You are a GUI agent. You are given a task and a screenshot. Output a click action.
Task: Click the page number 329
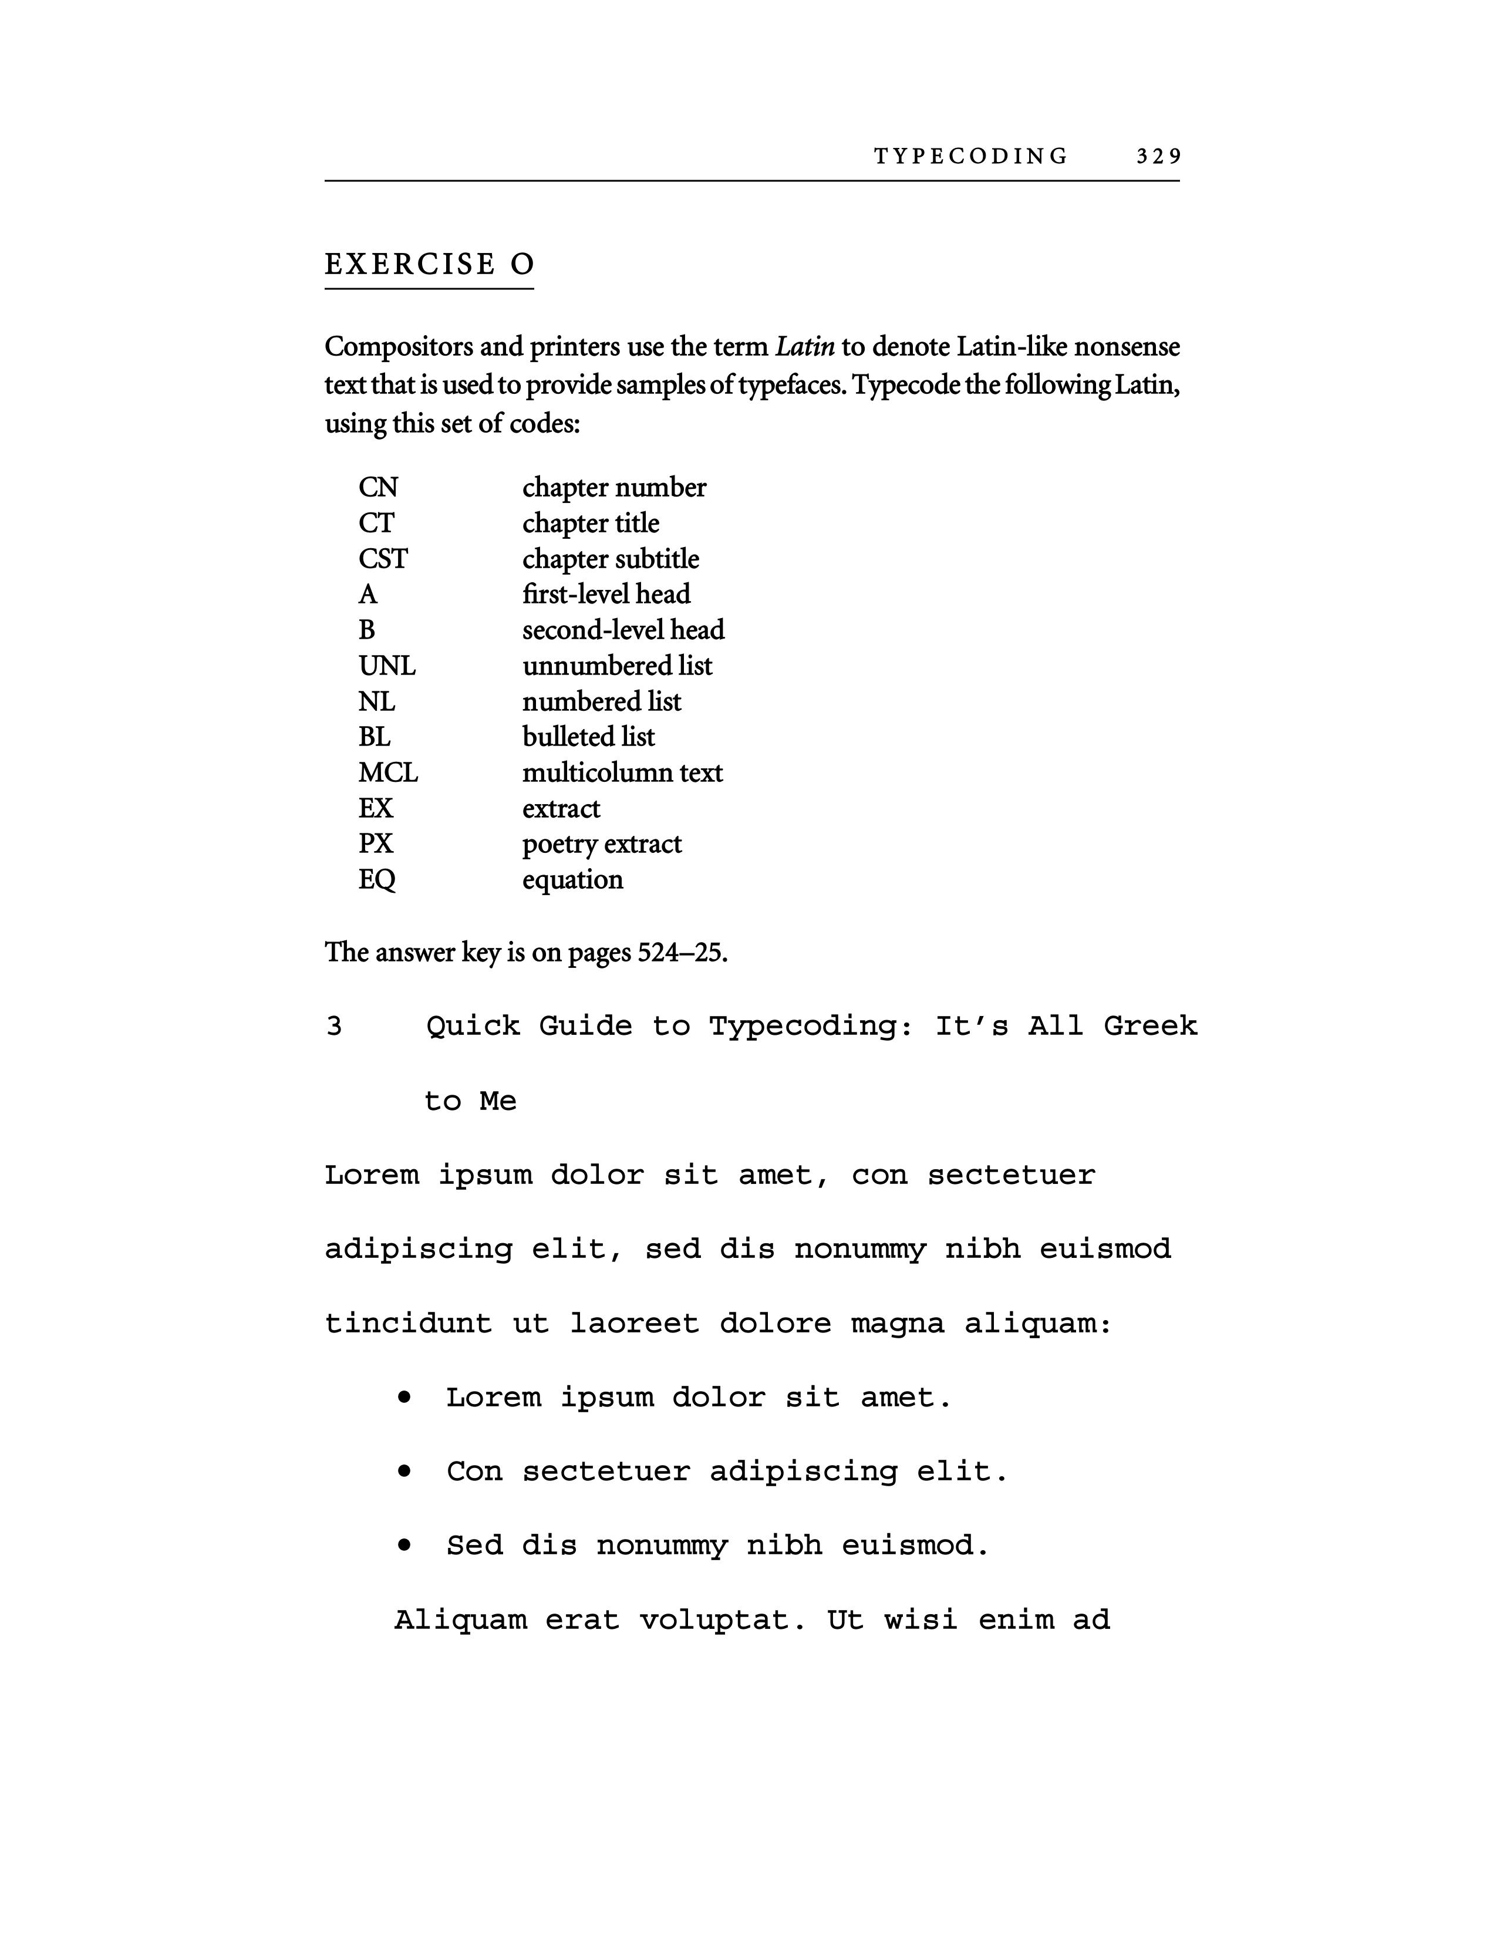tap(1158, 157)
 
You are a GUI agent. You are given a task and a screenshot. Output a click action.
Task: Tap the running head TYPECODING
tap(971, 157)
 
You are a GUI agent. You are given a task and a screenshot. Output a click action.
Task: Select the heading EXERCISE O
tap(429, 264)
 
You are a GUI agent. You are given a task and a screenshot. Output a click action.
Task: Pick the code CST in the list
tap(383, 559)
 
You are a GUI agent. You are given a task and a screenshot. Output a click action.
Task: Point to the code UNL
tap(387, 665)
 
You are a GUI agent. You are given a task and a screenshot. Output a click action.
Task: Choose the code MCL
tap(387, 772)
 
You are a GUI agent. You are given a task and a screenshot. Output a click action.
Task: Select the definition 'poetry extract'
tap(601, 843)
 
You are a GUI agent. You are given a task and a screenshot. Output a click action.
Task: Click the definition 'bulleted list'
tap(588, 737)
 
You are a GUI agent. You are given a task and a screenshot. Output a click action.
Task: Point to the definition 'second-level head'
tap(622, 630)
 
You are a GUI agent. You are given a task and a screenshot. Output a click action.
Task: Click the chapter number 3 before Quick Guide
tap(333, 1026)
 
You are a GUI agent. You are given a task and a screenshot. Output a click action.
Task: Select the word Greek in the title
tap(1149, 1026)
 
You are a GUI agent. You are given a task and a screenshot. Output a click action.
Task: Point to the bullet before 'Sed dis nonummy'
tap(404, 1545)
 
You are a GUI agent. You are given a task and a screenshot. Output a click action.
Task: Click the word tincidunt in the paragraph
tap(408, 1323)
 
